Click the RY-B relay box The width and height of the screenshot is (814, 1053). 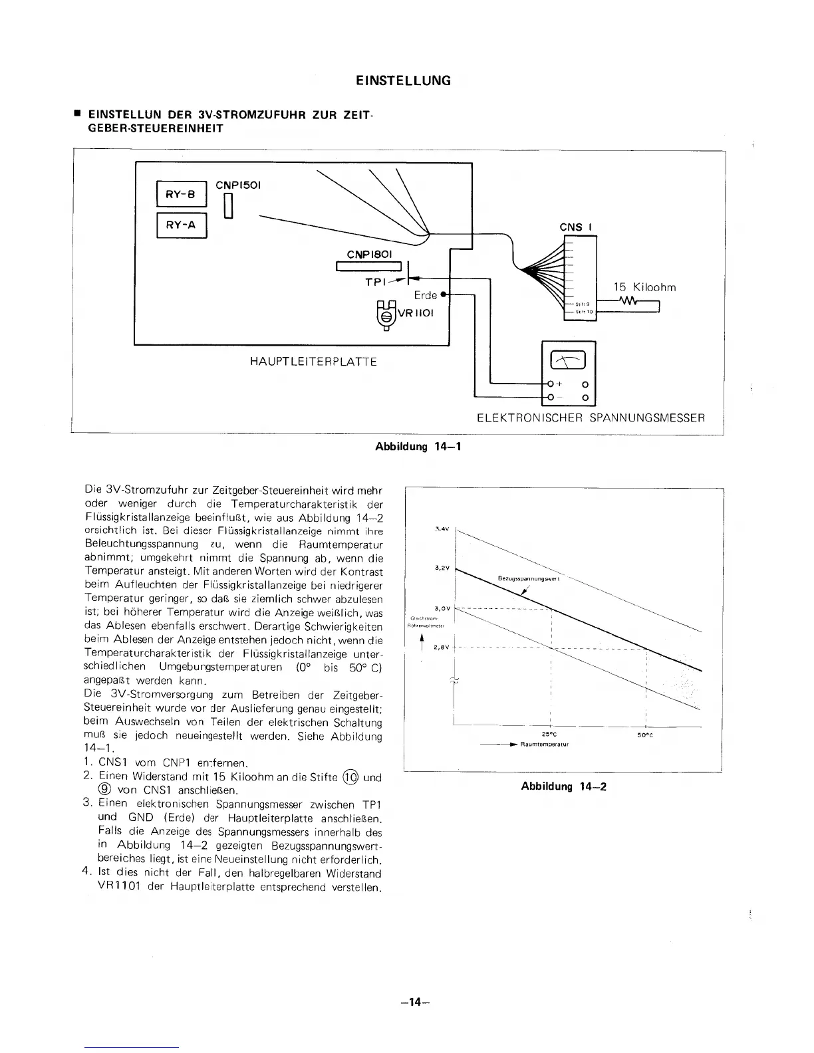click(x=182, y=195)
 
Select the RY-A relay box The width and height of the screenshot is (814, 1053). click(x=182, y=225)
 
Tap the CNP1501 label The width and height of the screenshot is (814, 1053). click(x=238, y=185)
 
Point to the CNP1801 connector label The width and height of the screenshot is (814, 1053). click(x=370, y=254)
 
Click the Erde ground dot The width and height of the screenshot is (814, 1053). click(x=444, y=294)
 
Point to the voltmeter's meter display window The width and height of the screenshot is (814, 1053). click(x=569, y=360)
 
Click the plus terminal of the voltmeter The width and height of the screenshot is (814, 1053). click(x=550, y=384)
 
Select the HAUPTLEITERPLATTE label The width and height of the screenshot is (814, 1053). click(x=313, y=362)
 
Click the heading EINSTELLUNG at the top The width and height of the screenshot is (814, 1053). click(x=403, y=80)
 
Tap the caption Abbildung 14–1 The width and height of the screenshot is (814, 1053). click(x=419, y=446)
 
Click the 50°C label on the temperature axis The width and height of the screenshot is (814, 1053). click(x=644, y=735)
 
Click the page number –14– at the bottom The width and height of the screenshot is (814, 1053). click(x=412, y=1002)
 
